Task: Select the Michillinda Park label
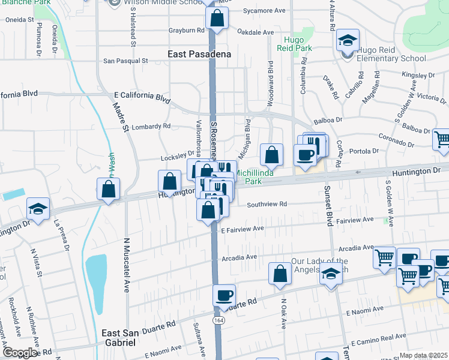pyautogui.click(x=256, y=176)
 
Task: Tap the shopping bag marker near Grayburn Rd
pyautogui.click(x=217, y=18)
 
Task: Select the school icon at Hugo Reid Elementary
pyautogui.click(x=347, y=40)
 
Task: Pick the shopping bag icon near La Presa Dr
pyautogui.click(x=108, y=189)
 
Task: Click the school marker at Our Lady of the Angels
pyautogui.click(x=330, y=274)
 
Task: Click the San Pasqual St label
pyautogui.click(x=125, y=61)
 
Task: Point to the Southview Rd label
pyautogui.click(x=267, y=204)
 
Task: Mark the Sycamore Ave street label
pyautogui.click(x=265, y=11)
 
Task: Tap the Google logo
pyautogui.click(x=20, y=353)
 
